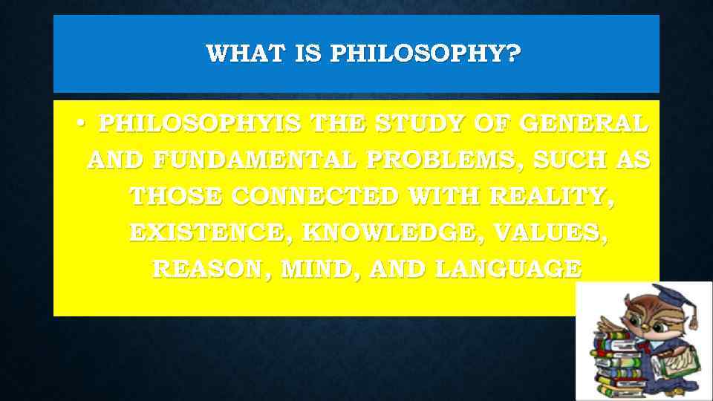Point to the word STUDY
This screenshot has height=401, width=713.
pyautogui.click(x=419, y=123)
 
